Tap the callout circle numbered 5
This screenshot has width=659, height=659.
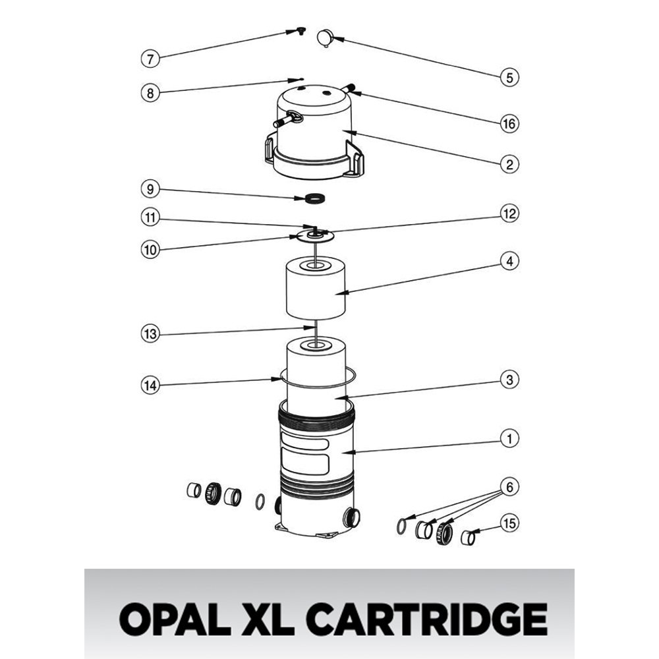(x=509, y=77)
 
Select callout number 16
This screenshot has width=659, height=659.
(x=509, y=123)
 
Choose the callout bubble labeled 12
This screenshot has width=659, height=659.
(x=509, y=214)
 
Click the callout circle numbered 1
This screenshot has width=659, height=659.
(x=509, y=438)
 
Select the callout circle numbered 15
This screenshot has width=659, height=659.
(x=509, y=523)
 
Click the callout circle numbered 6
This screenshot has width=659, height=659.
(x=509, y=487)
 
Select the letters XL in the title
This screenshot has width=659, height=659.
(x=271, y=619)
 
